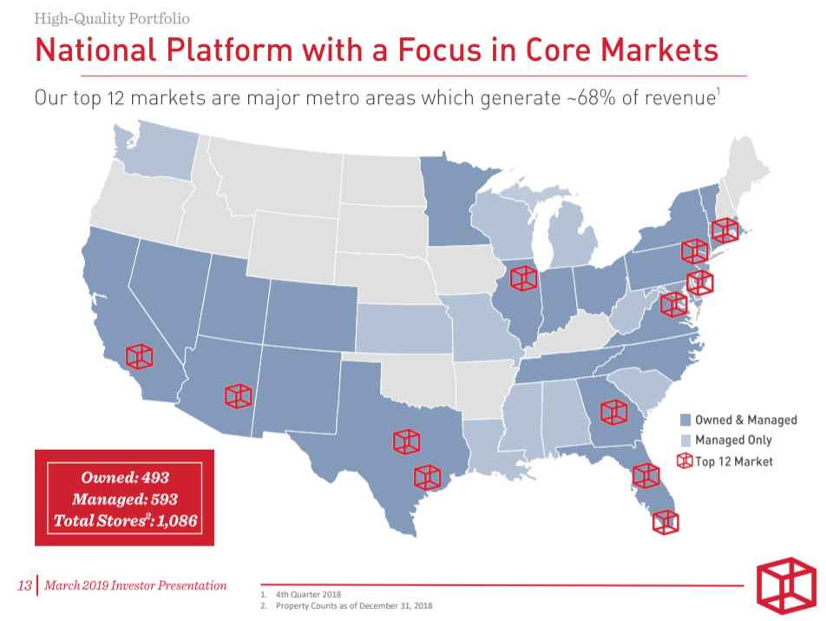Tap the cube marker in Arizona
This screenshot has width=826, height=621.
(238, 395)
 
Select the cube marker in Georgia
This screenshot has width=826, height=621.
(613, 412)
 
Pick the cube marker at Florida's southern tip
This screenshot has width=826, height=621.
(665, 520)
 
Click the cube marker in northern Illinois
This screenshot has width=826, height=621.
(523, 277)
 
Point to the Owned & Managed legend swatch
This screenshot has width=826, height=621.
(685, 420)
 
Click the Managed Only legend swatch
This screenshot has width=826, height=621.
(685, 440)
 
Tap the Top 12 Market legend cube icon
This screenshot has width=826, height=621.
(685, 460)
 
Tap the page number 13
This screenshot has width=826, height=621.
(24, 585)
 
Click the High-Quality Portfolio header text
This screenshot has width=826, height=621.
(112, 18)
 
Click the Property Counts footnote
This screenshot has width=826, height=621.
(354, 605)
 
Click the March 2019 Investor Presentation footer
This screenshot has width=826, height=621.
(135, 585)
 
